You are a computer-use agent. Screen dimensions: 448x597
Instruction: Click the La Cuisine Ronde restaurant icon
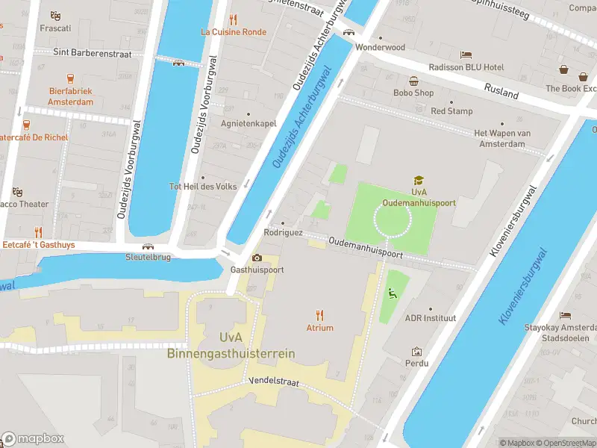[234, 19]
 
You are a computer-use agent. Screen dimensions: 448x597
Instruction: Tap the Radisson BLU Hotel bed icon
[466, 55]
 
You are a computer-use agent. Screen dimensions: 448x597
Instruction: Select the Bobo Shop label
[413, 93]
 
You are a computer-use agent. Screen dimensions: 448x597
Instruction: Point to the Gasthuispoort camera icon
[257, 258]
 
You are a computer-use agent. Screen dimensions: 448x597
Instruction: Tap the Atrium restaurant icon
[320, 314]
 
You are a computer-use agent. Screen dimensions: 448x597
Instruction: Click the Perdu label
[417, 363]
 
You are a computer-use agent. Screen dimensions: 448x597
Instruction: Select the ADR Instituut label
[430, 317]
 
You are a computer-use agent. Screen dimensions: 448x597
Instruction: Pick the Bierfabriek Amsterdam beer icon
[71, 78]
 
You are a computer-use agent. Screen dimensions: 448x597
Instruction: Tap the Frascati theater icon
[55, 16]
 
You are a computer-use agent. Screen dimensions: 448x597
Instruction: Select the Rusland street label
[501, 90]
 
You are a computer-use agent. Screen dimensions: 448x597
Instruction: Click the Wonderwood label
[380, 47]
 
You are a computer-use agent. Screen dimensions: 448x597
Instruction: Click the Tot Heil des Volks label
[203, 186]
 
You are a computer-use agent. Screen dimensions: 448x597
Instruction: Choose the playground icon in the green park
[393, 293]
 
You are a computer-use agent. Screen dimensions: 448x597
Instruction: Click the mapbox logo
[33, 438]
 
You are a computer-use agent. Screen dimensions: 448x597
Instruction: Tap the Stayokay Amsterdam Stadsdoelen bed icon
[565, 315]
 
